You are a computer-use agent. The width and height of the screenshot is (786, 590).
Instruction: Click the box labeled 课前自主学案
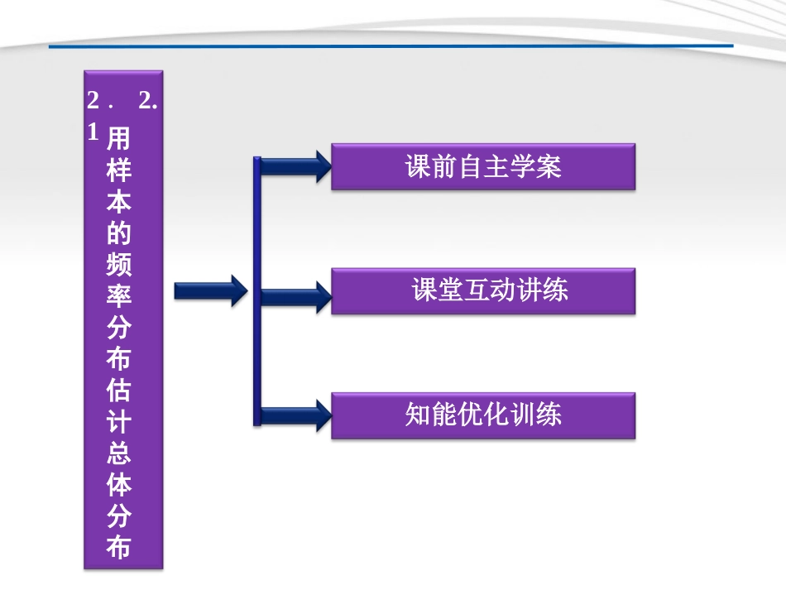483,167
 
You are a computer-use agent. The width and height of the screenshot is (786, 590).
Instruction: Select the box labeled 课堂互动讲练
483,290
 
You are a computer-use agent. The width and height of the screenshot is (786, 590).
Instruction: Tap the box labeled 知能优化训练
483,415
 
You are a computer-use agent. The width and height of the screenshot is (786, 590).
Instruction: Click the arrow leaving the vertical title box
210,290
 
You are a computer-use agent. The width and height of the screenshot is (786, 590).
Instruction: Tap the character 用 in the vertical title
119,138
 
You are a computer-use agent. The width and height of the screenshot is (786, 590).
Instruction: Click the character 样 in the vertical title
119,170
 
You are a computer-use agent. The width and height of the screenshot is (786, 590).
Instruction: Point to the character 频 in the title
119,265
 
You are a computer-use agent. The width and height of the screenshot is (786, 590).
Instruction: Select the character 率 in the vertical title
119,296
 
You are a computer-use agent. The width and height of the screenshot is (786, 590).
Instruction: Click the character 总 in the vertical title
119,453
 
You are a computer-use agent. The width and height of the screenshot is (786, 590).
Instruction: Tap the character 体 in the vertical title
119,485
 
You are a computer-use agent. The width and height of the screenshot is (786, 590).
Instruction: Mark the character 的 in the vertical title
119,233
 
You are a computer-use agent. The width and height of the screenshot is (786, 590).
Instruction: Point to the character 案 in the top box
549,167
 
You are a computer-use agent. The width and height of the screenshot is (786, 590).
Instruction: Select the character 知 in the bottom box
418,415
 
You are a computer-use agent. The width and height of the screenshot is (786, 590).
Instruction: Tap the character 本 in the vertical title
119,202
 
